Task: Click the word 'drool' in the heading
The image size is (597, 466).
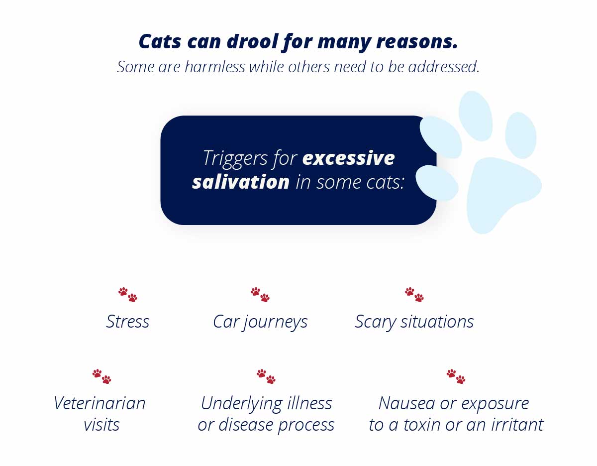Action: [x=253, y=41]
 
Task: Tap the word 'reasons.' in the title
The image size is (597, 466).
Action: [x=416, y=41]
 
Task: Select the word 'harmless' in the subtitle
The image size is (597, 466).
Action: [x=215, y=67]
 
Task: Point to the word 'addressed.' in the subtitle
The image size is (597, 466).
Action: [x=444, y=67]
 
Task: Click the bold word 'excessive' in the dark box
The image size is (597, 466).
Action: [x=349, y=158]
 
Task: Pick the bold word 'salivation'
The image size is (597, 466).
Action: [x=241, y=182]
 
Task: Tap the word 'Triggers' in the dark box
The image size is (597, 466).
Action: [x=235, y=159]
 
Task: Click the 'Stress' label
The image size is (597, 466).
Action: [x=128, y=322]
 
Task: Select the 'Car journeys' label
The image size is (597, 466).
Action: [x=260, y=322]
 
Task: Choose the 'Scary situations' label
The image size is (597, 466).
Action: [x=414, y=322]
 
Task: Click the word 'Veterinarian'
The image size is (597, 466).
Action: [x=99, y=403]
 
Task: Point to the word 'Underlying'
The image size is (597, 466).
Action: [x=242, y=404]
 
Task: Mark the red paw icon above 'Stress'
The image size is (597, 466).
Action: [x=128, y=294]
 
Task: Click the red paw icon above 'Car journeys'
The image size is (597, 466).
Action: [x=260, y=294]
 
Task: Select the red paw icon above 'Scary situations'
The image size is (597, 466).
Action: [x=414, y=294]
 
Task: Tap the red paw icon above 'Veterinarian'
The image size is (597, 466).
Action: [x=101, y=376]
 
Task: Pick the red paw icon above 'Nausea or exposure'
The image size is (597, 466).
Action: [x=456, y=376]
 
